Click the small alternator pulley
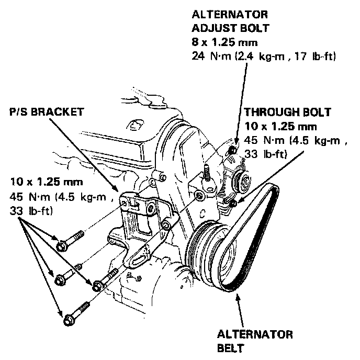[x=243, y=182]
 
